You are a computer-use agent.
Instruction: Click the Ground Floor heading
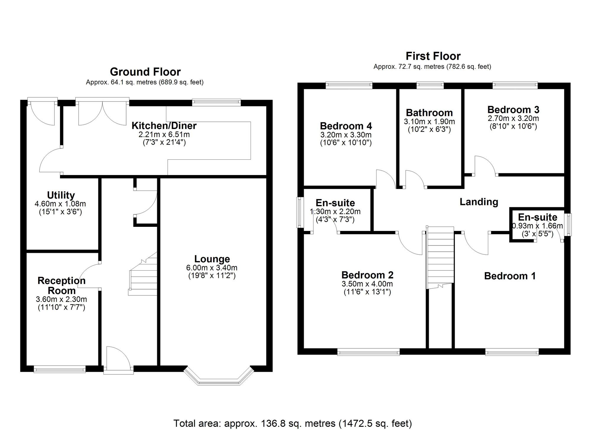[145, 72]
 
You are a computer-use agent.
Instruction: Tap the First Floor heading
[433, 56]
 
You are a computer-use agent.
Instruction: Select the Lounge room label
[212, 259]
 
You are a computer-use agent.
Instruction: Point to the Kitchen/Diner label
[164, 126]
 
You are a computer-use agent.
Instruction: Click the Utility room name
[61, 195]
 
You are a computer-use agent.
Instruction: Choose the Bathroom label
[429, 113]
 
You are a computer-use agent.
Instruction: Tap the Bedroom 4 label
[346, 126]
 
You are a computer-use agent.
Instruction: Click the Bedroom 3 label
[513, 110]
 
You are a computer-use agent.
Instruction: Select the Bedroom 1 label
[510, 276]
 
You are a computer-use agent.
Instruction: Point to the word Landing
[479, 202]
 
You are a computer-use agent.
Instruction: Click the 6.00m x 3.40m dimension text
[212, 268]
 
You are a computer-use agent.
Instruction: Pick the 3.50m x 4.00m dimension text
[367, 284]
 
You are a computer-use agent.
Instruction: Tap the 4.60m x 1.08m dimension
[60, 204]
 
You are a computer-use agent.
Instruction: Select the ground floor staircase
[142, 274]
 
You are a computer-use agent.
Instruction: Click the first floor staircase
[440, 257]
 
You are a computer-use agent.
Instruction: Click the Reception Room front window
[60, 369]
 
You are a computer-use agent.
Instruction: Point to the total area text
[293, 423]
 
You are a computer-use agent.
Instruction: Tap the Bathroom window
[430, 85]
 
